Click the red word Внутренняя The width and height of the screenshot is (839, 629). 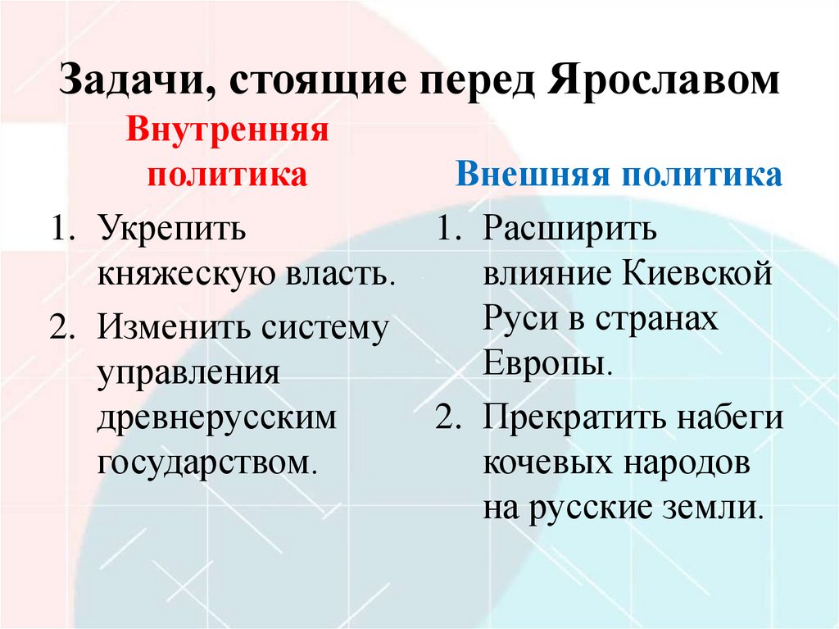click(227, 131)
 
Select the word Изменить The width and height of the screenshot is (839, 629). click(173, 329)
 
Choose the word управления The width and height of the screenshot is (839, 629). click(190, 374)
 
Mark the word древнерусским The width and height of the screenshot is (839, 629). click(217, 418)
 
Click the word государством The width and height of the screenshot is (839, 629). click(206, 463)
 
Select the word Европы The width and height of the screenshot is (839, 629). click(546, 363)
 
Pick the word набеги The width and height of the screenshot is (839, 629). click(729, 418)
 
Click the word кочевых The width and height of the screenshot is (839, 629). click(547, 463)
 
